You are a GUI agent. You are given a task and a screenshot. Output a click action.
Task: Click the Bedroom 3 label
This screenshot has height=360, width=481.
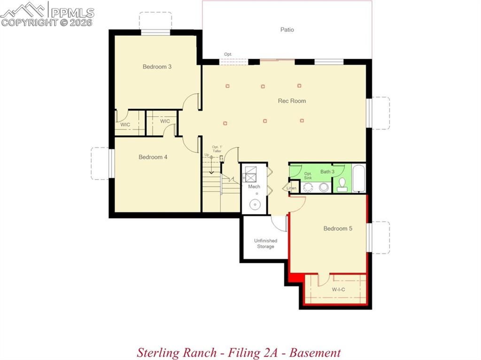(x=157, y=67)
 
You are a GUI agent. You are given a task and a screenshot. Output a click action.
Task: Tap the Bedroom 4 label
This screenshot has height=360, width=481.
(x=153, y=157)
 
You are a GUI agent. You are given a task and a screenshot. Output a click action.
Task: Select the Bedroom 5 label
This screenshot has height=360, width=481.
(x=338, y=229)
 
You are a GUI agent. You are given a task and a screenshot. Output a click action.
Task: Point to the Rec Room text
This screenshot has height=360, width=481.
(x=292, y=101)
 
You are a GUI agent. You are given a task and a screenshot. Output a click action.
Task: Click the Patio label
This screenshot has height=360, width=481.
(x=287, y=30)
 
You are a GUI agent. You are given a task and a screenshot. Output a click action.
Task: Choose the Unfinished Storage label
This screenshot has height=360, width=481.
(x=265, y=244)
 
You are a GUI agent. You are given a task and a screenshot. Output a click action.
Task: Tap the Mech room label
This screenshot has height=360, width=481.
(x=254, y=187)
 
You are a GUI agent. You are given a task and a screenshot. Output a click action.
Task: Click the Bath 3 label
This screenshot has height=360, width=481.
(x=327, y=172)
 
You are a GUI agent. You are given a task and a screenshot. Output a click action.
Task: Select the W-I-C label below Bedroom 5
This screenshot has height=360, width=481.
(x=338, y=290)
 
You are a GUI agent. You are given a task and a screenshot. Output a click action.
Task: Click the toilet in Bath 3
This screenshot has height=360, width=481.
(x=342, y=185)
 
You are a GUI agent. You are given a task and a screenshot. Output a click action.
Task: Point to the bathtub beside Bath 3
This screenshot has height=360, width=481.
(x=359, y=178)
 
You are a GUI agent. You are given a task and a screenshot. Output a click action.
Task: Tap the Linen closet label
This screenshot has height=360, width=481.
(x=292, y=188)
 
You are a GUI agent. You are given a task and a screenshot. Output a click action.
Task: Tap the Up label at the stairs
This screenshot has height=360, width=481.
(x=206, y=155)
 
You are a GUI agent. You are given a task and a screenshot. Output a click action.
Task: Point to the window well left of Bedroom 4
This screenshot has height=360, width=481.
(x=100, y=163)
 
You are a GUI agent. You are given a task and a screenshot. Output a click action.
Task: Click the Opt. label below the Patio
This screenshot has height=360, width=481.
(x=228, y=54)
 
